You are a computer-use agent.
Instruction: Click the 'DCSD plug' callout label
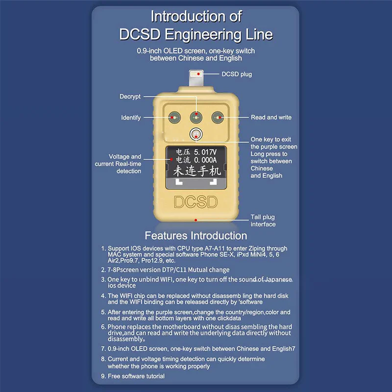pyautogui.click(x=237, y=74)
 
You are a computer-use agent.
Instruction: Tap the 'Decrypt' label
pyautogui.click(x=130, y=97)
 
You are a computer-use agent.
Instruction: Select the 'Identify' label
pyautogui.click(x=131, y=118)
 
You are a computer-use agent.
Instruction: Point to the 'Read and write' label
pyautogui.click(x=271, y=117)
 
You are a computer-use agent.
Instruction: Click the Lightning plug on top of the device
pyautogui.click(x=196, y=78)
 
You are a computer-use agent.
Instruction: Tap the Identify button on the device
pyautogui.click(x=174, y=118)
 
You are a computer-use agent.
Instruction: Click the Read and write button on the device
pyautogui.click(x=218, y=118)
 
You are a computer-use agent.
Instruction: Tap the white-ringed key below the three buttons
pyautogui.click(x=196, y=135)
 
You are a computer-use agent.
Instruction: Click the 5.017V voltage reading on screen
pyautogui.click(x=205, y=152)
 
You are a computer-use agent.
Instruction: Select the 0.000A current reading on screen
pyautogui.click(x=205, y=160)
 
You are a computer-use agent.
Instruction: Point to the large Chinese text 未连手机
pyautogui.click(x=197, y=171)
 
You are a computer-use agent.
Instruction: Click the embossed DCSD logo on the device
pyautogui.click(x=196, y=202)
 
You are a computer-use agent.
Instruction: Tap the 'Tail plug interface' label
pyautogui.click(x=263, y=220)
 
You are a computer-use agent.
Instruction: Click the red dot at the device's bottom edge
pyautogui.click(x=196, y=220)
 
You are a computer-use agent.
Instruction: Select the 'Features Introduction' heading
pyautogui.click(x=196, y=236)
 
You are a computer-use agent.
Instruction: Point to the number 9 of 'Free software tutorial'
pyautogui.click(x=103, y=376)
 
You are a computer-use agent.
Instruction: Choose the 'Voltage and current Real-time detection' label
pyautogui.click(x=118, y=164)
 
